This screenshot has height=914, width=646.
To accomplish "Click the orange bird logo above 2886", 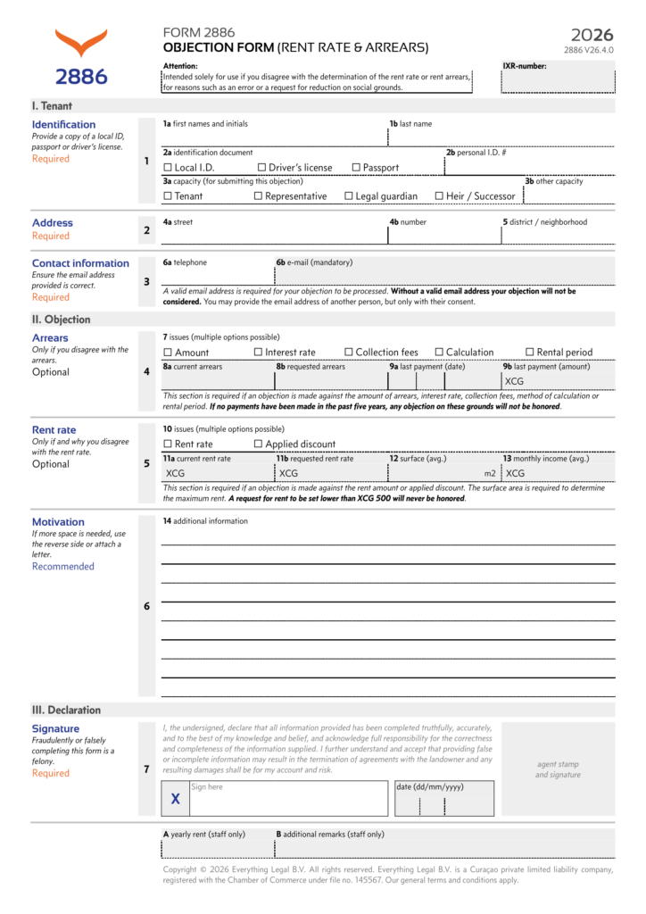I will (x=81, y=43).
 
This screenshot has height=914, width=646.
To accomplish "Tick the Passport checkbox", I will (x=356, y=168).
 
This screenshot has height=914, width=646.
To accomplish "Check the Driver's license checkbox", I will (x=261, y=168).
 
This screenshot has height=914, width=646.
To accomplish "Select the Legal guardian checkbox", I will (x=349, y=196).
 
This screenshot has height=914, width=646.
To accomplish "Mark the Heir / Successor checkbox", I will (x=439, y=196).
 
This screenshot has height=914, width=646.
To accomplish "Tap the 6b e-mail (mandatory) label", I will (x=314, y=262).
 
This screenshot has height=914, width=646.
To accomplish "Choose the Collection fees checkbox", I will (x=349, y=353).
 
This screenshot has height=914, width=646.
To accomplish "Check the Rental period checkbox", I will (x=530, y=353).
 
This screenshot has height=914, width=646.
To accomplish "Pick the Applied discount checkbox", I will (x=259, y=445).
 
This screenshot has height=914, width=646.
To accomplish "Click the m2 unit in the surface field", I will (x=489, y=473).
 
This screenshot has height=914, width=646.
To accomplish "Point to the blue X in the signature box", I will (x=175, y=800).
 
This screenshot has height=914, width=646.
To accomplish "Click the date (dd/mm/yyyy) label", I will (x=430, y=786).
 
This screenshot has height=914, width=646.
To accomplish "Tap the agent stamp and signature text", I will (x=558, y=769).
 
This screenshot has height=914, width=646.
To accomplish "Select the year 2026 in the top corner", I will (x=592, y=35).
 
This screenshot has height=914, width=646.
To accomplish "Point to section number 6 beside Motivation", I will (x=146, y=606).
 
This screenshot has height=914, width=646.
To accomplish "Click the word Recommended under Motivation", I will (x=62, y=566).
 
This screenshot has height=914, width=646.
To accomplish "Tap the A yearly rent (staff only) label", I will (x=204, y=834).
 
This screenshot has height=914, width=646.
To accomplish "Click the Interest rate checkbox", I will (x=259, y=353).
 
